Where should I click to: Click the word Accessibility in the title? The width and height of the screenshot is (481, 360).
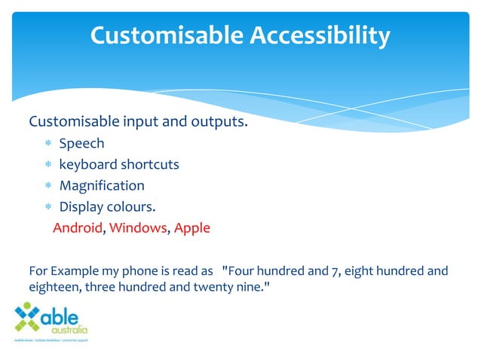319,35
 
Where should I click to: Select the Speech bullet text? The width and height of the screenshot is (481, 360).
81,143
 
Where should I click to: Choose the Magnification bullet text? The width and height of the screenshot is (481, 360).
102,185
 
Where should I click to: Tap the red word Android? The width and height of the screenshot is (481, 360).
77,227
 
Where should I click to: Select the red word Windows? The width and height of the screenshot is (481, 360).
138,227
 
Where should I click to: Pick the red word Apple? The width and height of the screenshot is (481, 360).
192,227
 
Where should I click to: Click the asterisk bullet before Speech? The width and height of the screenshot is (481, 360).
47,144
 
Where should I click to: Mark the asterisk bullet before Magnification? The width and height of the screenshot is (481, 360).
47,186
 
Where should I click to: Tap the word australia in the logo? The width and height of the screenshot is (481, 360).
69,330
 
